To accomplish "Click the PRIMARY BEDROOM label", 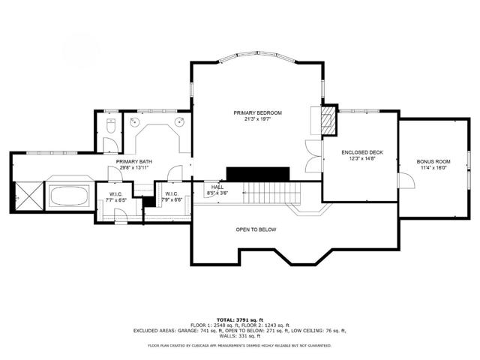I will click(x=251, y=112).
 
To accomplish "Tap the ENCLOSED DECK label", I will click(x=362, y=152).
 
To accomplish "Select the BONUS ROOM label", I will click(x=433, y=161).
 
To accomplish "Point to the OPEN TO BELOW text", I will click(x=255, y=229).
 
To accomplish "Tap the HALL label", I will click(x=217, y=187).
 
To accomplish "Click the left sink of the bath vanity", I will click(x=137, y=121).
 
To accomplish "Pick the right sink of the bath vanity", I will click(x=180, y=121).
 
